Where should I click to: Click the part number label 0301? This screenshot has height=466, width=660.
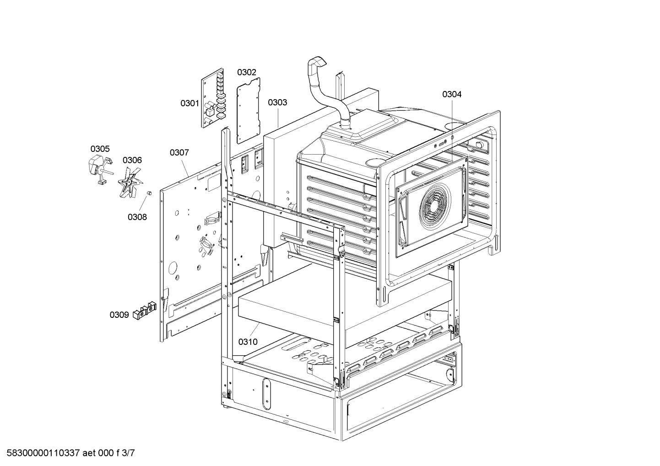[189, 103]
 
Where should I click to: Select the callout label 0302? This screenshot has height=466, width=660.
[246, 72]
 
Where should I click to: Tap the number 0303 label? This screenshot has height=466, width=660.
[277, 102]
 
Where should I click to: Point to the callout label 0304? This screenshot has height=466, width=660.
[451, 94]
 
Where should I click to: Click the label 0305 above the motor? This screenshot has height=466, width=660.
[100, 149]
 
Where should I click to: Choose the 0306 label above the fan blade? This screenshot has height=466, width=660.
[132, 160]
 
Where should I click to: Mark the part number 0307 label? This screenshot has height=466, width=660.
[179, 152]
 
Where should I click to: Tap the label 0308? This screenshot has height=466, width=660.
[137, 217]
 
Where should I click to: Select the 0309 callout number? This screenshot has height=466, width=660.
[119, 315]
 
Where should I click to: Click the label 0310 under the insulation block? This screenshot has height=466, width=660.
[248, 342]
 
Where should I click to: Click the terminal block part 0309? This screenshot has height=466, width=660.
[144, 311]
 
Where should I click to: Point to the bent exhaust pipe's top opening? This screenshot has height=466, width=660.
[316, 62]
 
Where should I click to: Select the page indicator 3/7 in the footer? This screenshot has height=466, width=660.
[129, 454]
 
